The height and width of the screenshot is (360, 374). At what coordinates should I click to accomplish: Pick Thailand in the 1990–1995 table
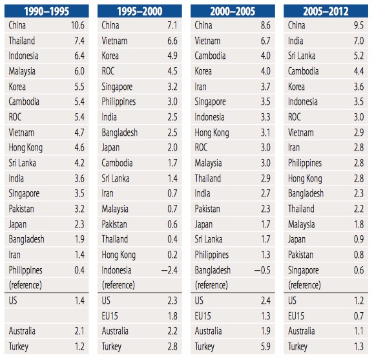pos(22,41)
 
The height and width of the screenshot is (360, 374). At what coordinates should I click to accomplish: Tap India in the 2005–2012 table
pos(296,41)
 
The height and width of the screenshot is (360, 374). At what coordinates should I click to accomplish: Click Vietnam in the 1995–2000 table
pos(116,41)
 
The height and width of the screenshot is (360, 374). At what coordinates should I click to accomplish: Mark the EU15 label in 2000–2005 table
pos(204,316)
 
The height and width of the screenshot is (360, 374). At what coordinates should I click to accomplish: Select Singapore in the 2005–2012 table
pos(304,270)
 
